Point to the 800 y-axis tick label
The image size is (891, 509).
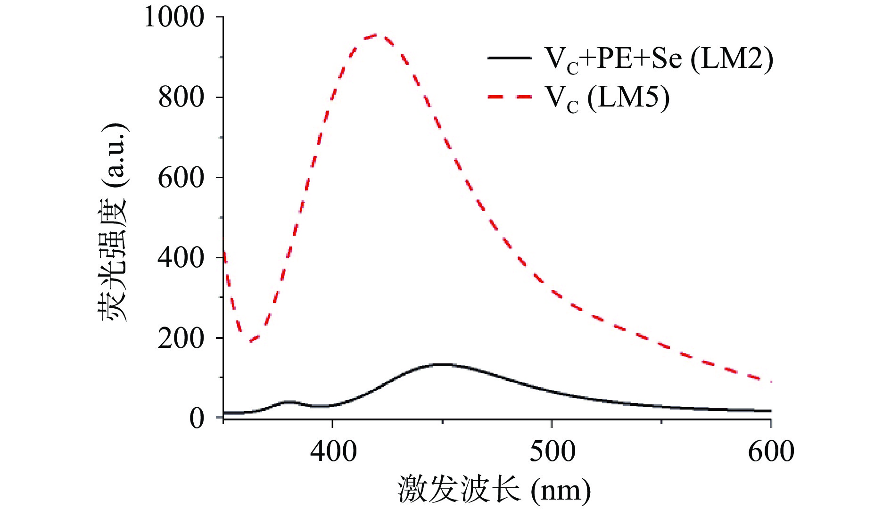(181, 98)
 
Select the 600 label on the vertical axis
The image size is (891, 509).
(181, 178)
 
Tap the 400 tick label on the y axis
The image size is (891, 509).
(181, 258)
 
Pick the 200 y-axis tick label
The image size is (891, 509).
(181, 338)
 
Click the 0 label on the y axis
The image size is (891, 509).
(197, 418)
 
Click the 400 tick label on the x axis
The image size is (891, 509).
(333, 451)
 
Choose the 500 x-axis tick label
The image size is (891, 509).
(552, 451)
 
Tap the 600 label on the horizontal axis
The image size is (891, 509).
(771, 451)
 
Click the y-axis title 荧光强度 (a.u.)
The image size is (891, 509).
(113, 222)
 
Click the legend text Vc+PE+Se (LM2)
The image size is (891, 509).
(659, 59)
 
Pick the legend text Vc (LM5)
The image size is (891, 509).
(607, 99)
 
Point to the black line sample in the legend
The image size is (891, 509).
(510, 57)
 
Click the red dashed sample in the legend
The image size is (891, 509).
(510, 97)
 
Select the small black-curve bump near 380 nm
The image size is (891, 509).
(288, 402)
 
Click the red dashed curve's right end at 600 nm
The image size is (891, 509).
(770, 381)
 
